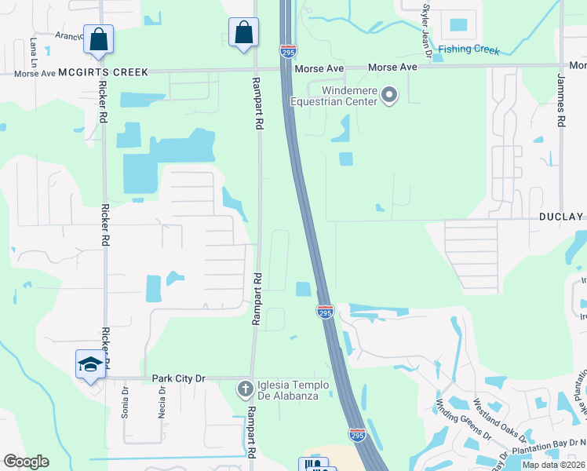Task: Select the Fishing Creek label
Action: (469, 50)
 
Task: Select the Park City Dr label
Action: (178, 378)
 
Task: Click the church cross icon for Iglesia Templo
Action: (245, 389)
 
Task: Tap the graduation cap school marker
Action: (90, 364)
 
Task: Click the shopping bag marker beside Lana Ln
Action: (99, 38)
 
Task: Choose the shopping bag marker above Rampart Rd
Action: (244, 32)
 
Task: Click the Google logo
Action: (26, 462)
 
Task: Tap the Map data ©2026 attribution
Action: (553, 465)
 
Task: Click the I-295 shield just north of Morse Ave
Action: (288, 51)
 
